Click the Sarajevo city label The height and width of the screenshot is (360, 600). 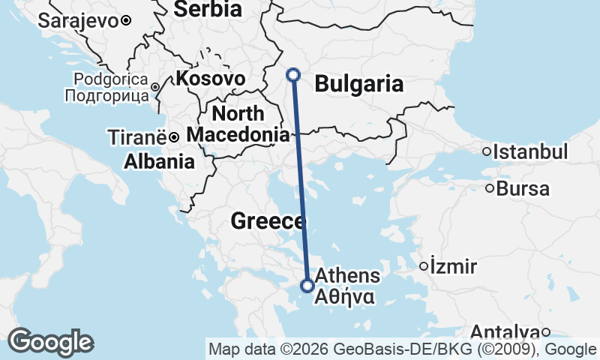(x=79, y=20)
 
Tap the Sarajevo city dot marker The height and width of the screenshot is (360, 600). (x=127, y=20)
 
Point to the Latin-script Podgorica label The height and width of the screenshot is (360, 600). (x=112, y=79)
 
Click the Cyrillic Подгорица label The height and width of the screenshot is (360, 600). (x=106, y=95)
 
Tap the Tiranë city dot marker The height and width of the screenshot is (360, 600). (x=173, y=137)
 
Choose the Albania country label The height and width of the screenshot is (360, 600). (x=160, y=161)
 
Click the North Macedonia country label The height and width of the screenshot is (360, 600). (x=238, y=124)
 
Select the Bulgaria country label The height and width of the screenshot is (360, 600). (x=359, y=84)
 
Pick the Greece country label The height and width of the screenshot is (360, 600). (x=268, y=221)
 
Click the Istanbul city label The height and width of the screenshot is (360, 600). (x=530, y=152)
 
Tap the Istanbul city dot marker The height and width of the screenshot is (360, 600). (x=487, y=151)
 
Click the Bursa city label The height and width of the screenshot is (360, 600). (x=523, y=189)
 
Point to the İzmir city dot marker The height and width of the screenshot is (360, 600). (x=424, y=265)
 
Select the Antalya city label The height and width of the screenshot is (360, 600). (x=505, y=332)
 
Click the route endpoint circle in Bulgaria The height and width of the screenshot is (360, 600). (x=294, y=74)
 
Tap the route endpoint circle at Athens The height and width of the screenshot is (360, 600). (x=307, y=285)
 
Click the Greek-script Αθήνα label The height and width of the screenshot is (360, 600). (x=345, y=297)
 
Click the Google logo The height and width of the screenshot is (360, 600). (x=50, y=342)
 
